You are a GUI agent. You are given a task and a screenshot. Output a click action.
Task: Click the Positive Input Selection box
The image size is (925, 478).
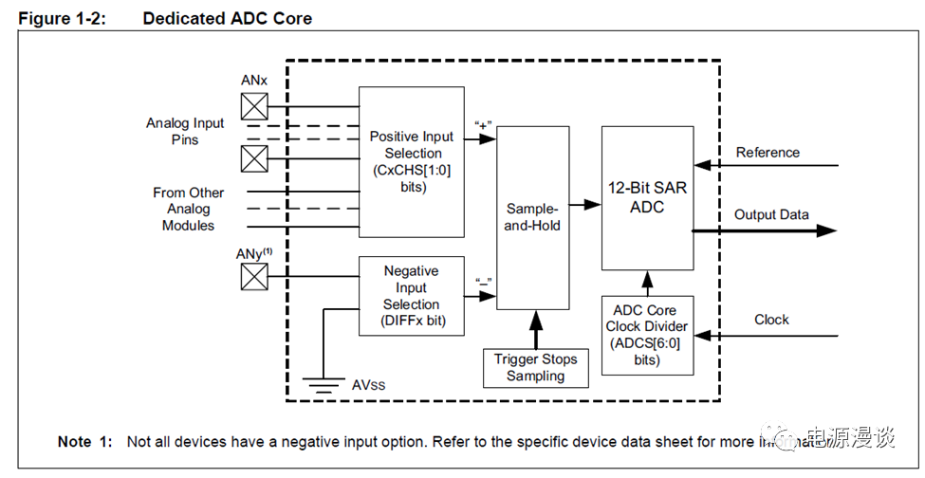pyautogui.click(x=411, y=161)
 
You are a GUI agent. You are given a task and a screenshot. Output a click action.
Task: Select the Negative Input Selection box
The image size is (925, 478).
pyautogui.click(x=411, y=296)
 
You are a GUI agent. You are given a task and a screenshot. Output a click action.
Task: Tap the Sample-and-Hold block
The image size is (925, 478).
pyautogui.click(x=532, y=217)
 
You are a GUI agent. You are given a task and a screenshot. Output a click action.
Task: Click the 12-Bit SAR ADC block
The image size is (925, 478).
pyautogui.click(x=647, y=197)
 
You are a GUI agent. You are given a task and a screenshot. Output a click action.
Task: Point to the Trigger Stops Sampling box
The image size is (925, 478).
pyautogui.click(x=535, y=368)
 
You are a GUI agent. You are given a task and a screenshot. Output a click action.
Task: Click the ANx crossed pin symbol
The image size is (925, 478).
pyautogui.click(x=253, y=105)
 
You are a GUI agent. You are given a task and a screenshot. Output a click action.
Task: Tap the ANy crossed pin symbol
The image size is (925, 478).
pyautogui.click(x=253, y=277)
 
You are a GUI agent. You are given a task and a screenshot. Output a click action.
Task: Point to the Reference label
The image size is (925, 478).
pyautogui.click(x=768, y=153)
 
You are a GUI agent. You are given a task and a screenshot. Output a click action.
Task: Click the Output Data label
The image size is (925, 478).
pyautogui.click(x=771, y=214)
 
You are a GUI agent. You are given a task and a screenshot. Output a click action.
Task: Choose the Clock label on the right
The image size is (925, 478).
pyautogui.click(x=771, y=320)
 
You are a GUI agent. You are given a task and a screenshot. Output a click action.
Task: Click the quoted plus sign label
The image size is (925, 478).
pyautogui.click(x=483, y=124)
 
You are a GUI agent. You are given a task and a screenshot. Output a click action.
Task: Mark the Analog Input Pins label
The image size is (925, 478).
pyautogui.click(x=185, y=131)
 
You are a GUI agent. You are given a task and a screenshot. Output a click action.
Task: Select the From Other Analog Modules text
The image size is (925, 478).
pyautogui.click(x=188, y=209)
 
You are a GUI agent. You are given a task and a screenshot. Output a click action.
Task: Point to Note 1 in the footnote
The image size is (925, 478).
pyautogui.click(x=84, y=442)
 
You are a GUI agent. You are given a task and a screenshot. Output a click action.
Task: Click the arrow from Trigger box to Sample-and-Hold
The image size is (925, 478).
pyautogui.click(x=535, y=329)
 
